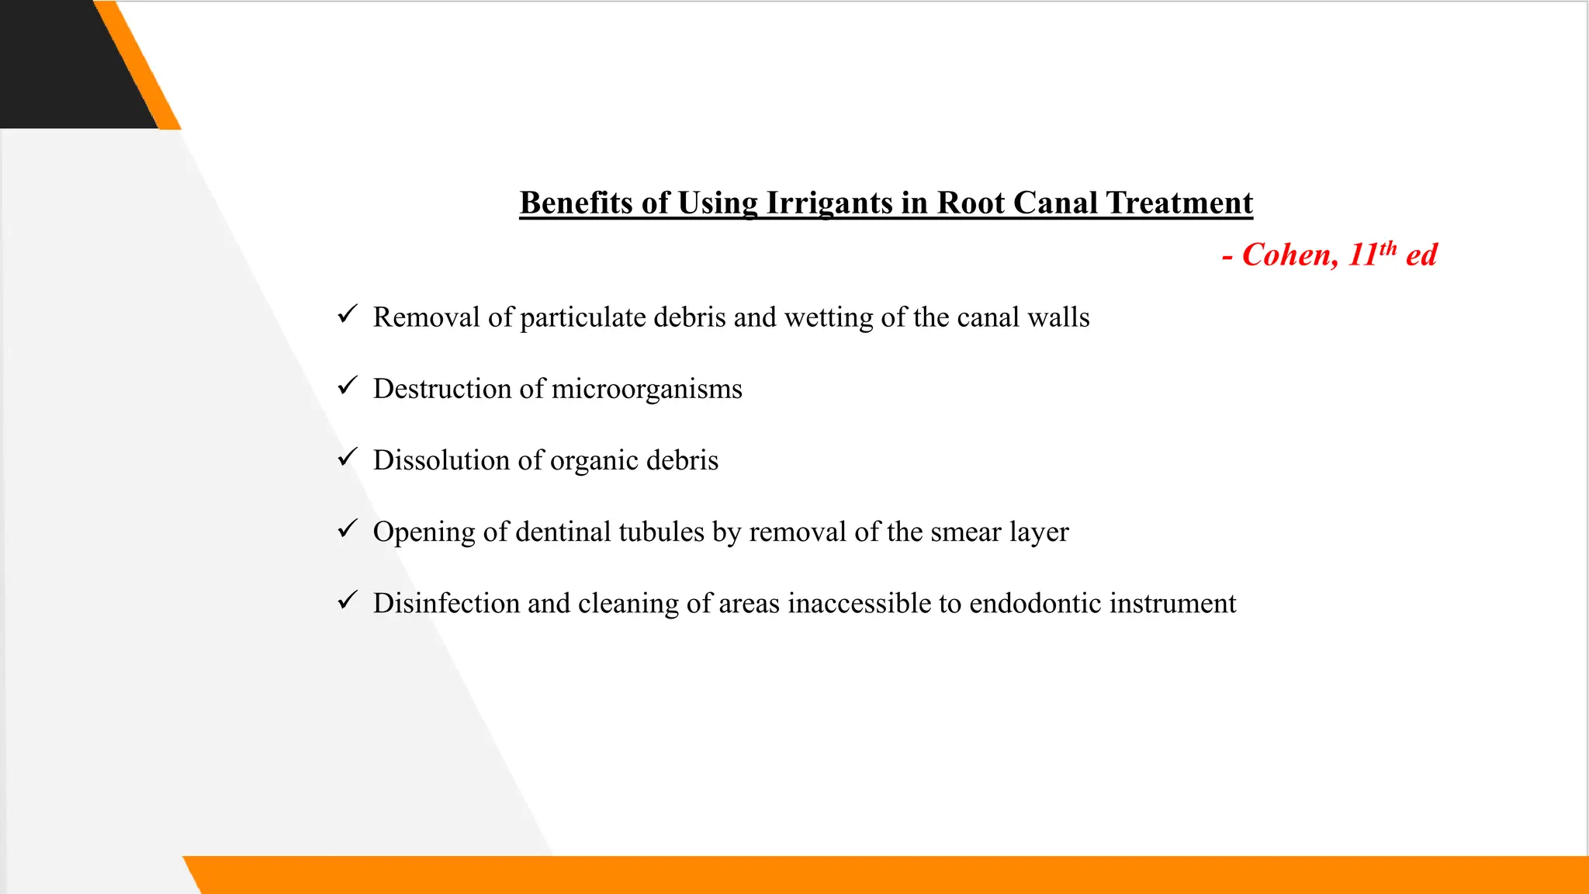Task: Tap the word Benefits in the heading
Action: click(576, 203)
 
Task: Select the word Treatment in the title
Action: click(1179, 203)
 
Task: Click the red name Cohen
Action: click(1290, 255)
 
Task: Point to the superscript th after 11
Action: click(1388, 248)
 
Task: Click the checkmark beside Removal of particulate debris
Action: click(348, 314)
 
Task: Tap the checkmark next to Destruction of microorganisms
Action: click(348, 386)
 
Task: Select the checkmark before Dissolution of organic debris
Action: click(348, 457)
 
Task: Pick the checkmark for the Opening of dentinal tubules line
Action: click(348, 528)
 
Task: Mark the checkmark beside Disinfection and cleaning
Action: click(348, 600)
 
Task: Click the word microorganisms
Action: click(646, 389)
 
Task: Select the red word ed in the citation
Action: click(1421, 255)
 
